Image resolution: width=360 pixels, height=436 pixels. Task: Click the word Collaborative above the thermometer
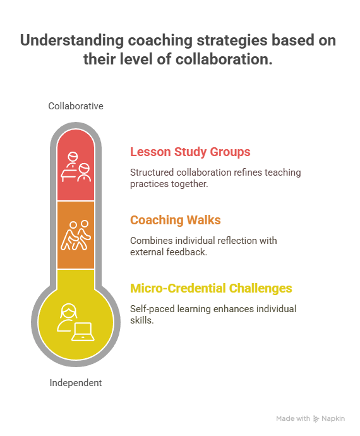tap(76, 106)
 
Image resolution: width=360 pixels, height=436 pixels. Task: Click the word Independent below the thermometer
tap(76, 383)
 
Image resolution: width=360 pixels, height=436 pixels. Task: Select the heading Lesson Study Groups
tap(190, 152)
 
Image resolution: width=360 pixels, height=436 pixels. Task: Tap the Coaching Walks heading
tap(176, 220)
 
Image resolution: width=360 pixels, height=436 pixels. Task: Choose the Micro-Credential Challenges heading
tap(211, 288)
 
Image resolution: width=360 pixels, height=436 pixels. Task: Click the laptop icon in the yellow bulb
tap(83, 332)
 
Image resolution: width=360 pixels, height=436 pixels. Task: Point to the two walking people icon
tap(76, 235)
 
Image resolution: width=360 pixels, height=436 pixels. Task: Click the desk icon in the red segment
tap(69, 174)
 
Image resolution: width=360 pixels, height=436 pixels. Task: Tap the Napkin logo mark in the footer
tap(316, 419)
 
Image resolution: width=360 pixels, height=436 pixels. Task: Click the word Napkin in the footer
tap(333, 419)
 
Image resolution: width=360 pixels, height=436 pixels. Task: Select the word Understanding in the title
tap(72, 40)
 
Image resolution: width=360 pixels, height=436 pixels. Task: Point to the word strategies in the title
tap(232, 41)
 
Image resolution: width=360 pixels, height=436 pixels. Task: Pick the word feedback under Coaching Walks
tap(186, 252)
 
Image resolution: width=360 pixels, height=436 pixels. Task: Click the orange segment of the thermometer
tap(76, 235)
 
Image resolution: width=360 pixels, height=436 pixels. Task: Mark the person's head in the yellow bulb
tap(68, 311)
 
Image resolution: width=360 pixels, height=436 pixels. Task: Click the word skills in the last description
tap(141, 320)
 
